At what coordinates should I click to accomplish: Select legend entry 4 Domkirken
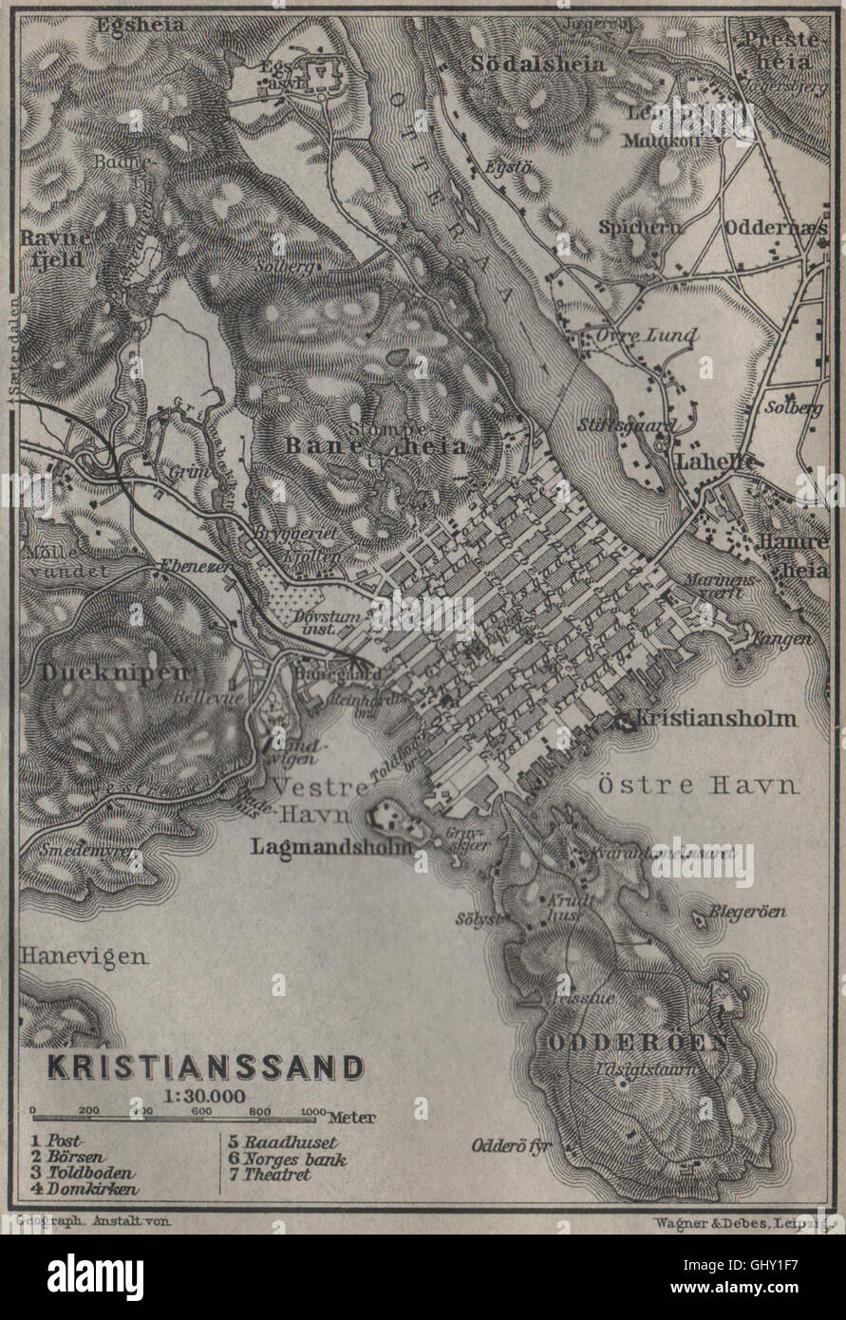(85, 1189)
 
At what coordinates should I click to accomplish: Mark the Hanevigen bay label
(84, 955)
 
